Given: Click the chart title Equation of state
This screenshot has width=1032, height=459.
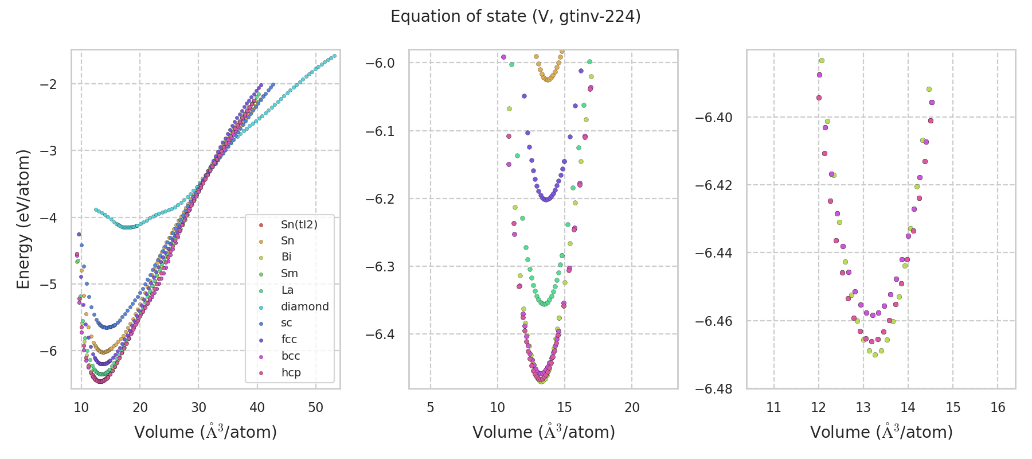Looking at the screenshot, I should pyautogui.click(x=515, y=17).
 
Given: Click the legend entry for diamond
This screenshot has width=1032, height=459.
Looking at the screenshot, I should pyautogui.click(x=304, y=306).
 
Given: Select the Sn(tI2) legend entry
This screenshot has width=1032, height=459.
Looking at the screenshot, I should pyautogui.click(x=299, y=224).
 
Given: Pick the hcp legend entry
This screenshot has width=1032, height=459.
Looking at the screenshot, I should pyautogui.click(x=291, y=372).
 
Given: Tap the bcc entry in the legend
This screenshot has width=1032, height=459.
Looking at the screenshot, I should pyautogui.click(x=291, y=356).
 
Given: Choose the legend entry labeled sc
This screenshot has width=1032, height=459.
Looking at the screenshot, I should pyautogui.click(x=287, y=323).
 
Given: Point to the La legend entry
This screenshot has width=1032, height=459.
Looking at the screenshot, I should pyautogui.click(x=287, y=290).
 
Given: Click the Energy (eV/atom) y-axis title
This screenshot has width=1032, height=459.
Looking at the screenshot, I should pyautogui.click(x=24, y=219).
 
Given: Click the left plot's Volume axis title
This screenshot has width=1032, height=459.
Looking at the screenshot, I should pyautogui.click(x=205, y=432).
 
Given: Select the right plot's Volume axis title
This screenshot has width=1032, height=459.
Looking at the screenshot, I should pyautogui.click(x=881, y=432).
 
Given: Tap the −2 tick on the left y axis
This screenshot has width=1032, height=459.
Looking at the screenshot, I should pyautogui.click(x=48, y=84).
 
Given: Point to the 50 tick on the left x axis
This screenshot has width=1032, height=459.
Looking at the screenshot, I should pyautogui.click(x=315, y=407).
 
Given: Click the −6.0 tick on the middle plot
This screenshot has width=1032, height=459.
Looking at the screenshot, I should pyautogui.click(x=380, y=63).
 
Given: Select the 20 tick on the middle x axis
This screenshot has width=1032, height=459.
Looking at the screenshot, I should pyautogui.click(x=632, y=407).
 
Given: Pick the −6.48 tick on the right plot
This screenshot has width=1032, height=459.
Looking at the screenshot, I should pyautogui.click(x=713, y=389).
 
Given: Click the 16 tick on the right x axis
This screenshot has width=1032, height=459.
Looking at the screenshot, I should pyautogui.click(x=998, y=407).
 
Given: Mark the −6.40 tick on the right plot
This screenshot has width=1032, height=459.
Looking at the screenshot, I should pyautogui.click(x=713, y=118).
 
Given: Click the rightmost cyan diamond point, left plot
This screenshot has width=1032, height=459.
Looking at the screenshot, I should pyautogui.click(x=334, y=56).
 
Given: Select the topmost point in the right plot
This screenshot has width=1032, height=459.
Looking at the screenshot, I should pyautogui.click(x=822, y=60).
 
